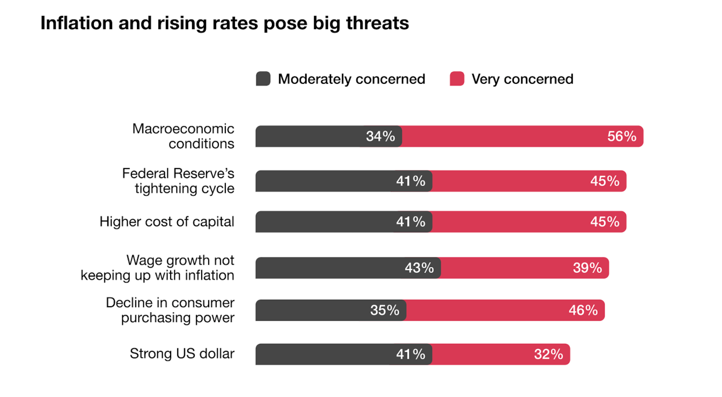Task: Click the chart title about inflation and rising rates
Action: pyautogui.click(x=224, y=23)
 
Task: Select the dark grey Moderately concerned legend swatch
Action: pyautogui.click(x=263, y=79)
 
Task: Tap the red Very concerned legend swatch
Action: pyautogui.click(x=457, y=79)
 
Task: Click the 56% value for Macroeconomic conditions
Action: pyautogui.click(x=622, y=137)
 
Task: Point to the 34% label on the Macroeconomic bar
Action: pyautogui.click(x=380, y=137)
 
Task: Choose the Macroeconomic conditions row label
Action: pyautogui.click(x=183, y=136)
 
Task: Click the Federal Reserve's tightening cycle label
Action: pyautogui.click(x=178, y=181)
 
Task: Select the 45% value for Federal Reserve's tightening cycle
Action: pyautogui.click(x=605, y=181)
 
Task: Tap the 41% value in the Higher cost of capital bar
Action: pyautogui.click(x=410, y=221)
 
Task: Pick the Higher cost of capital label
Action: pyautogui.click(x=167, y=222)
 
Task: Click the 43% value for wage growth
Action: pyautogui.click(x=419, y=268)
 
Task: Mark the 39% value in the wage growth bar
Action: pyautogui.click(x=587, y=268)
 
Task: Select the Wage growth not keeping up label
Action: pyautogui.click(x=157, y=268)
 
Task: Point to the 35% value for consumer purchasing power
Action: pyautogui.click(x=385, y=311)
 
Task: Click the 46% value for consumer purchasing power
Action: pyautogui.click(x=583, y=311)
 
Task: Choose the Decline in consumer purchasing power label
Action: pyautogui.click(x=170, y=310)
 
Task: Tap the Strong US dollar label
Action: pyautogui.click(x=182, y=354)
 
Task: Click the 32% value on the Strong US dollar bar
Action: pyautogui.click(x=548, y=354)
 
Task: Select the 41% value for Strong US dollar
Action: pyautogui.click(x=410, y=354)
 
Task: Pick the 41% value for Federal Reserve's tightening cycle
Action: pyautogui.click(x=410, y=181)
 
